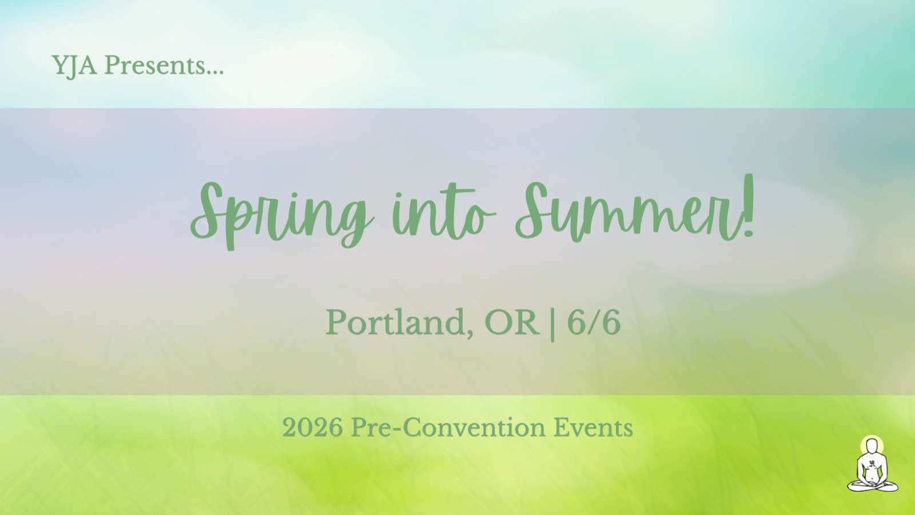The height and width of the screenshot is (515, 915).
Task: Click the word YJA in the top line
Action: click(74, 66)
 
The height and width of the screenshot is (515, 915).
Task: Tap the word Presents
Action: click(155, 65)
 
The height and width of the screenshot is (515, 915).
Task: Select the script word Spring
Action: click(282, 214)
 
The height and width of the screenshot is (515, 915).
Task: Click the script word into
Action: click(444, 213)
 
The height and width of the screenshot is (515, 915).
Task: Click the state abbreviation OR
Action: click(511, 322)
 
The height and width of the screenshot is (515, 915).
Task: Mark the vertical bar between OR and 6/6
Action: click(552, 324)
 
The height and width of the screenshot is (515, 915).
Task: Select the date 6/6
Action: click(594, 322)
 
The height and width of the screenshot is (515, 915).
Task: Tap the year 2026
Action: click(312, 428)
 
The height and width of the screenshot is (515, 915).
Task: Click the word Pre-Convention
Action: click(448, 428)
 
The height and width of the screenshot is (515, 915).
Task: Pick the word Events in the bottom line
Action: click(593, 428)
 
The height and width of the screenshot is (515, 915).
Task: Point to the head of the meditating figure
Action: click(872, 446)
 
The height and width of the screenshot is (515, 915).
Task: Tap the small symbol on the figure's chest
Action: click(872, 463)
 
